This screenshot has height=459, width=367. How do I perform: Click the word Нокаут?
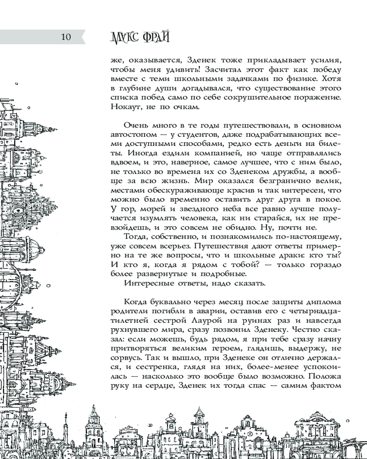click(126, 107)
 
